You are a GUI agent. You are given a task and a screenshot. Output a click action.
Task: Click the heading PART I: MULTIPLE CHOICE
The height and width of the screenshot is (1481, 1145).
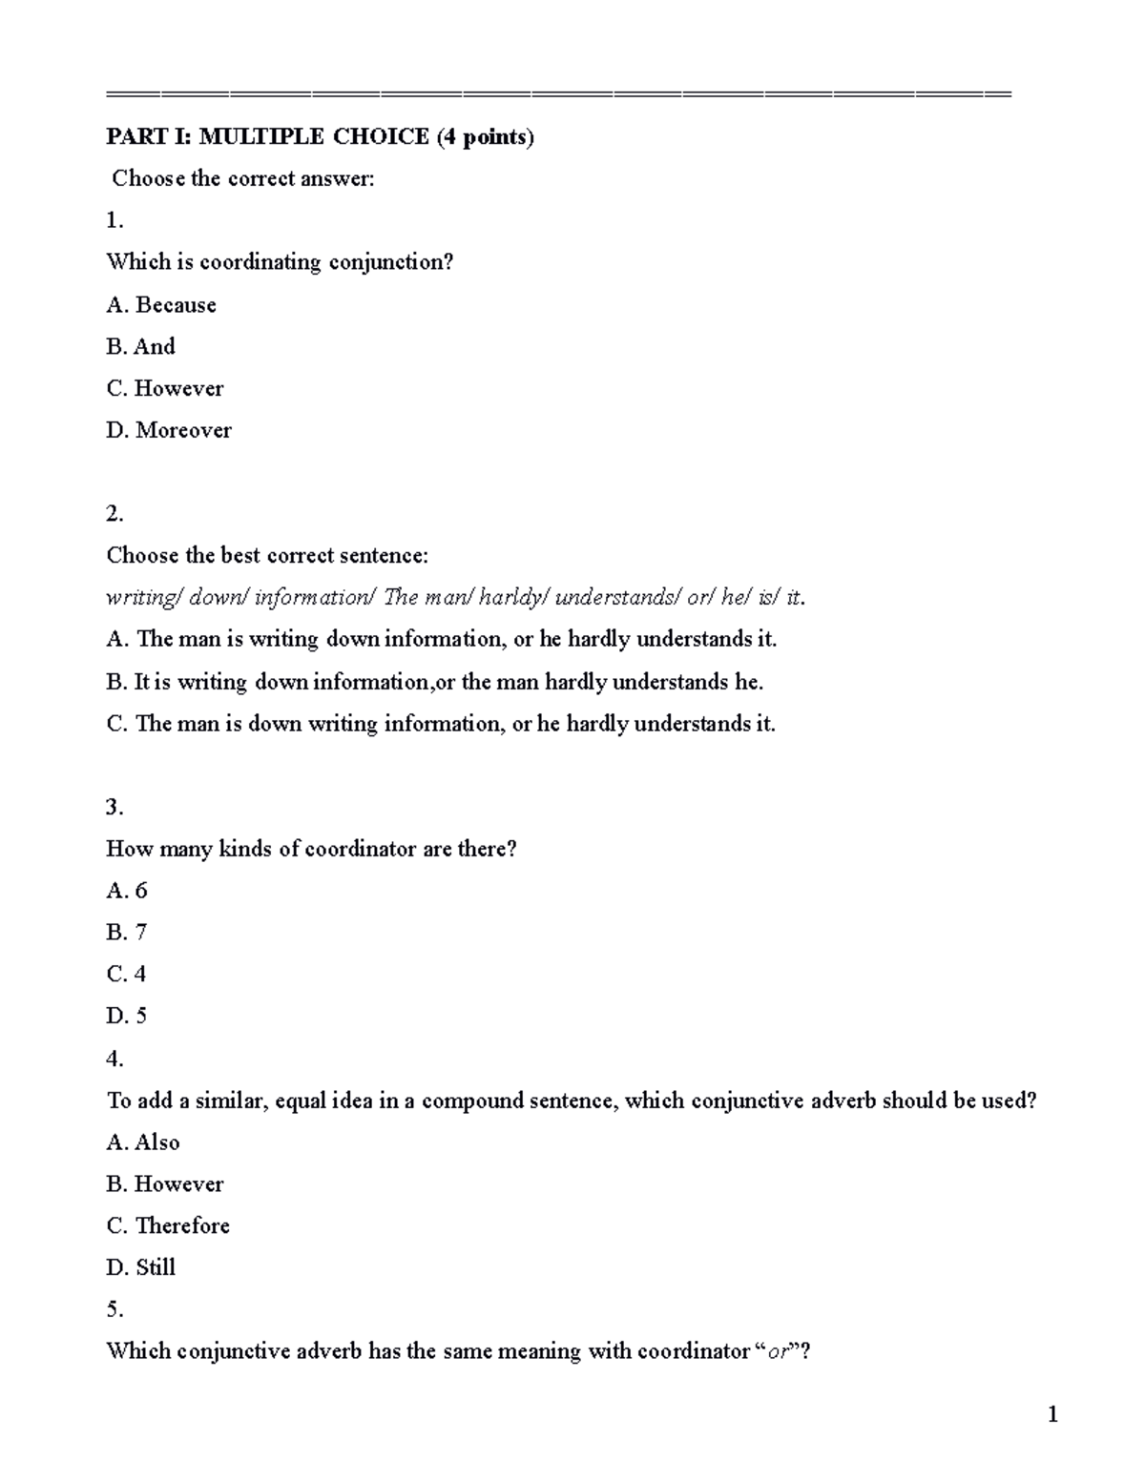coord(320,137)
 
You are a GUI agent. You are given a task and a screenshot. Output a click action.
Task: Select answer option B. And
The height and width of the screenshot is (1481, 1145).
coord(141,347)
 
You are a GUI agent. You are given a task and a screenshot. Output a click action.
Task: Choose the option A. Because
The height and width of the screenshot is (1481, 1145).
coord(161,305)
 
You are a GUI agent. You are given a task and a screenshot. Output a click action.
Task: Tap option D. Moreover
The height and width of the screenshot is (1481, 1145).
coord(169,431)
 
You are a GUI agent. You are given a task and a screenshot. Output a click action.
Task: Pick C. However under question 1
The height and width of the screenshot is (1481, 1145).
coord(165,389)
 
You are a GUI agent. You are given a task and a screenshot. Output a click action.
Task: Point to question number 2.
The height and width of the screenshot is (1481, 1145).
coord(114,514)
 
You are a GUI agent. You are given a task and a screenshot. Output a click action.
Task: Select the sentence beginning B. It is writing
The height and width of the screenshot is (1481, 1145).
coord(435,682)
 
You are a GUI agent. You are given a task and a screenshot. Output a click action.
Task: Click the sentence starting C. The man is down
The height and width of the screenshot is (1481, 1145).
coord(441,724)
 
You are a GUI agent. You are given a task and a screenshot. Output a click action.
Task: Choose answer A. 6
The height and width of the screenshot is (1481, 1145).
coord(127,891)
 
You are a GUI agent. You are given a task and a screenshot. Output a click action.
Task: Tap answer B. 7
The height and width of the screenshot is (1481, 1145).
coord(126,933)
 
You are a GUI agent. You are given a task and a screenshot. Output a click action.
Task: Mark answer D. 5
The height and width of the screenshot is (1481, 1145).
coord(127,1017)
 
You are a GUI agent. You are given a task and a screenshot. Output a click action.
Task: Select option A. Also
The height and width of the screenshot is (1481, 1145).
coord(143,1142)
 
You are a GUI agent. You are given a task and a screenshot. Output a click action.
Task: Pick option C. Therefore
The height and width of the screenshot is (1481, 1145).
coord(168,1226)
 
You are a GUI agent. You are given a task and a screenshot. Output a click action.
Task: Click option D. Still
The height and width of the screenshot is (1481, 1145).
coord(141,1268)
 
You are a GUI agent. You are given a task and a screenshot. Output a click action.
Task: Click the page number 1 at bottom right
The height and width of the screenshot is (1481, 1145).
coord(1052,1415)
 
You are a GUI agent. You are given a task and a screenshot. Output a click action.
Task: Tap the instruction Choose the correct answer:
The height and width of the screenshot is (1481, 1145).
coord(243,179)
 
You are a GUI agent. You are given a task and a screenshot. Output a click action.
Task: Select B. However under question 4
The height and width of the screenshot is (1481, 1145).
coord(165,1184)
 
